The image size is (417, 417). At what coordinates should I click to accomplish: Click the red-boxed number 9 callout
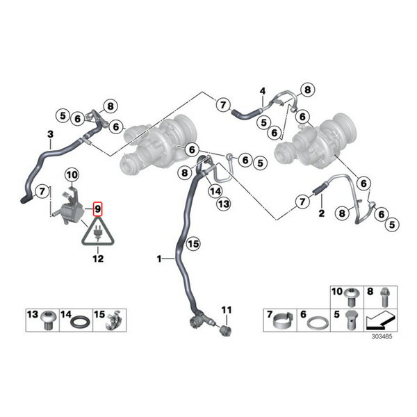[x=97, y=209]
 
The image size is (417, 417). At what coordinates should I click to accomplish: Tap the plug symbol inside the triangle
[x=98, y=234]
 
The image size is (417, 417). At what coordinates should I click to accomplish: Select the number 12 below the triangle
[x=98, y=259]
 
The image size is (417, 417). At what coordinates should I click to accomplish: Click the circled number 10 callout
[x=72, y=175]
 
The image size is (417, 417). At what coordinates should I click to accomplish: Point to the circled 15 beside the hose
[x=193, y=244]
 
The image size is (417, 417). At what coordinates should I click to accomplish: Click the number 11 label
[x=227, y=310]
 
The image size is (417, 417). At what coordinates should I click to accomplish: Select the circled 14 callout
[x=215, y=191]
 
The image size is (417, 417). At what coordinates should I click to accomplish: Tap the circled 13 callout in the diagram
[x=224, y=204]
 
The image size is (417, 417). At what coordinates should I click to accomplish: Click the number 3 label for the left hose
[x=50, y=134]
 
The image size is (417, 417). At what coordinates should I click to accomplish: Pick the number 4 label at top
[x=263, y=91]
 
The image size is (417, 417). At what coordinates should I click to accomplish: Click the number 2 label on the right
[x=322, y=213]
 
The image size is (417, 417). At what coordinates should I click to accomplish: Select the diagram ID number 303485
[x=382, y=336]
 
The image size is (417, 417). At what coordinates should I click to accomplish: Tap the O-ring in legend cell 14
[x=80, y=322]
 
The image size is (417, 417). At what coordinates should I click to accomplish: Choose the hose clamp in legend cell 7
[x=284, y=321]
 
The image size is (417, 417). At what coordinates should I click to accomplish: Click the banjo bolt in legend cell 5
[x=351, y=320]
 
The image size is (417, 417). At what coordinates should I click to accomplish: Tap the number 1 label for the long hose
[x=159, y=259]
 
